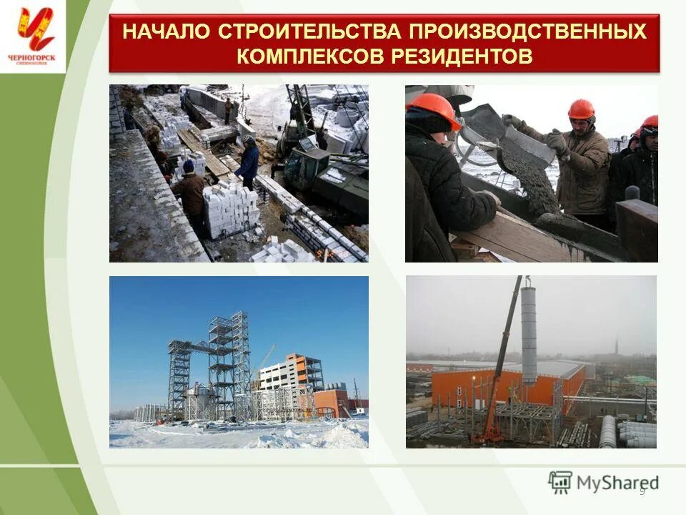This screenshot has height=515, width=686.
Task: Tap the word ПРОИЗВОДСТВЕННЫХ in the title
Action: pos(527,32)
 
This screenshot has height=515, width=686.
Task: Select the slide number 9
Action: pos(642,490)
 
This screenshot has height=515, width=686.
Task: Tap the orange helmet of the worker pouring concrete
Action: pos(581,109)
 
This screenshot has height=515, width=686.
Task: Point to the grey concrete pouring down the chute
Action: pos(532,179)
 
